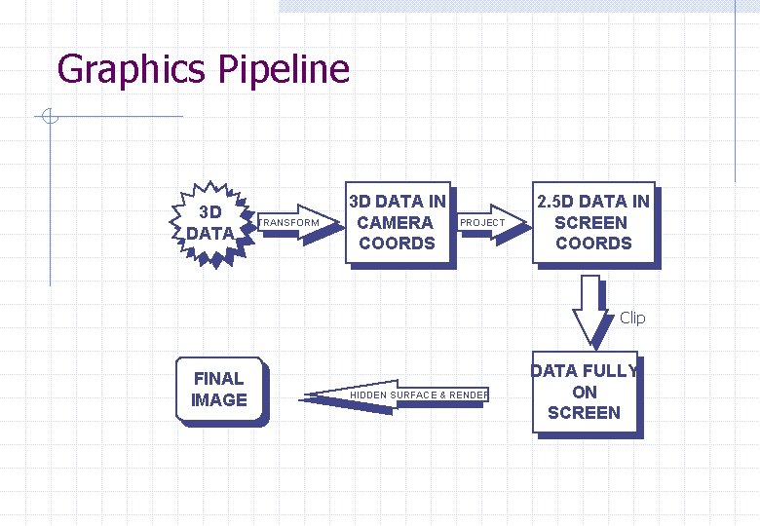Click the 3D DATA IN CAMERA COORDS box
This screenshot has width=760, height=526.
[x=398, y=223]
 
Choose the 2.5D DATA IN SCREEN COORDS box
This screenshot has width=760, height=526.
[x=592, y=223]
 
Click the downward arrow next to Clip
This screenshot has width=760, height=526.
[x=589, y=310]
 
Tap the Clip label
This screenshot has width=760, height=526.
[x=632, y=318]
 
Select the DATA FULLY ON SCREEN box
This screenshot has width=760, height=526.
[x=585, y=392]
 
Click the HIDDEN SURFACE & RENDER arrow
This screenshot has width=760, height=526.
[x=399, y=394]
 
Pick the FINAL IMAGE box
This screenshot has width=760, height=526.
[x=219, y=389]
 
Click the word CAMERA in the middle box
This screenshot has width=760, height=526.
[x=396, y=223]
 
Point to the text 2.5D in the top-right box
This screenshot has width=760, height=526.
[x=558, y=202]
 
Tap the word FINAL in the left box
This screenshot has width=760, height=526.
[x=219, y=378]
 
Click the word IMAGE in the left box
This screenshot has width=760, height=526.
[x=219, y=399]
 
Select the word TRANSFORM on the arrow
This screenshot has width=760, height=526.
[x=289, y=223]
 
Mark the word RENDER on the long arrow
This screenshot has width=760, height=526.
[x=470, y=394]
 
